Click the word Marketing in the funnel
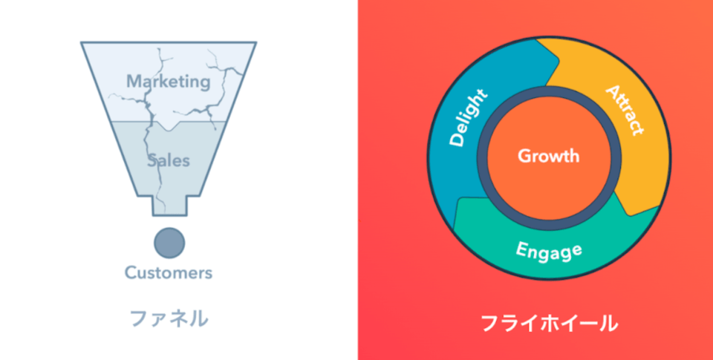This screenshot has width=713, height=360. point(168,81)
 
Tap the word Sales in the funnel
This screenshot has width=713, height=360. point(168,160)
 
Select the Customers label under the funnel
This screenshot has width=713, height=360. point(168,272)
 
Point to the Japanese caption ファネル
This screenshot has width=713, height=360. point(169,318)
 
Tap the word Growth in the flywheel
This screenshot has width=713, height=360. point(548,156)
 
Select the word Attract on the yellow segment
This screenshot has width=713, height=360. point(624,111)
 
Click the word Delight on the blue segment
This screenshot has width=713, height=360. point(469,117)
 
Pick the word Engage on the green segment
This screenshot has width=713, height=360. point(549,250)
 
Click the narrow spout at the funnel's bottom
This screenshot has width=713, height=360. point(169,206)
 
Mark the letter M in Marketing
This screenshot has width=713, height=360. point(133,81)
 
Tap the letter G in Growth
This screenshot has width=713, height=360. point(523,156)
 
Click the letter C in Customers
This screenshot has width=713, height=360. point(130,272)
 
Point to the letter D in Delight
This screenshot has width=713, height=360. point(456,140)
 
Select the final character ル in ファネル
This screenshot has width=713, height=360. point(198,318)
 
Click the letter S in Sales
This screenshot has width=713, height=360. point(152,160)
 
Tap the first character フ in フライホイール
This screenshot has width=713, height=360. point(489,324)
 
